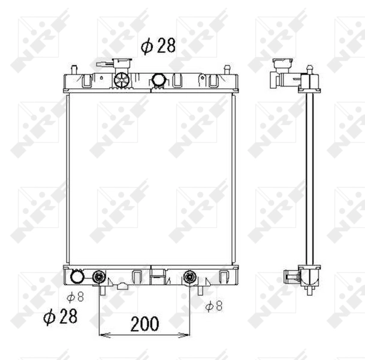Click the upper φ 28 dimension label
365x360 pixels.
[x=158, y=46]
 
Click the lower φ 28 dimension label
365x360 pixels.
[x=61, y=317]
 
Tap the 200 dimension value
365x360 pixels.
[x=144, y=324]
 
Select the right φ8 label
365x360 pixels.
[x=213, y=306]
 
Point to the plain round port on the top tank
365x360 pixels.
[x=159, y=79]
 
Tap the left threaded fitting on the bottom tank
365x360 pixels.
[x=99, y=277]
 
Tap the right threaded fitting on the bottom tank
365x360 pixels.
[x=191, y=277]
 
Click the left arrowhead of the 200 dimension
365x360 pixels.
[x=102, y=335]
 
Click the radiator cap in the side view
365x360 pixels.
[x=280, y=65]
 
